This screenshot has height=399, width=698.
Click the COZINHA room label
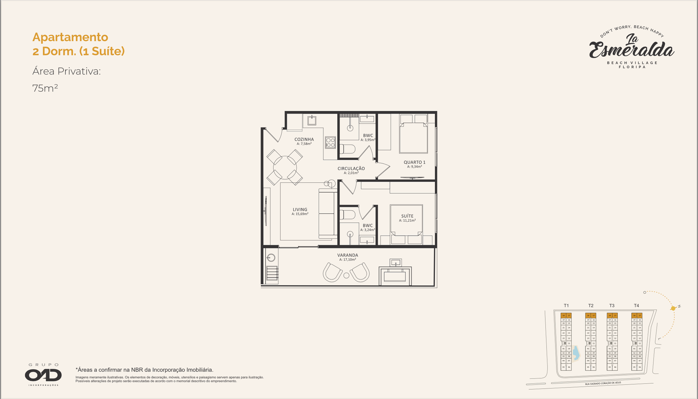click(304, 139)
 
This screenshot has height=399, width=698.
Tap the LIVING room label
click(300, 210)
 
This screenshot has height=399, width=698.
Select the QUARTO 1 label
click(414, 162)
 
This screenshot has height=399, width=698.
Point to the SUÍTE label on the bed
click(407, 216)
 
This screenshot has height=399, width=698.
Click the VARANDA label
click(348, 255)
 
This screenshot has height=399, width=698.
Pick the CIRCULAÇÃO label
click(351, 169)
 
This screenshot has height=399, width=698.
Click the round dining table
click(285, 167)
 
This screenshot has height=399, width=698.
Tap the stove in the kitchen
click(330, 142)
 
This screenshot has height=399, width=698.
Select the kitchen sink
click(312, 120)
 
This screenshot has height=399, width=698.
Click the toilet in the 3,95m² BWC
click(348, 150)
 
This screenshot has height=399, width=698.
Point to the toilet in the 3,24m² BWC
click(348, 215)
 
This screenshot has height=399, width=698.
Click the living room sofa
click(327, 213)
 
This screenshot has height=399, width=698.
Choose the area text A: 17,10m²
click(348, 260)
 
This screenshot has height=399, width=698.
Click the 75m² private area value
click(45, 88)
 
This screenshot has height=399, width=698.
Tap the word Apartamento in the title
click(70, 37)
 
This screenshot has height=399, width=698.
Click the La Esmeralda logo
click(632, 48)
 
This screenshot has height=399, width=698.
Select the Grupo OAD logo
click(43, 375)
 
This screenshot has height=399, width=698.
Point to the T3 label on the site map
click(612, 306)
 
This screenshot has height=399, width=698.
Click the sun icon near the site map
click(673, 308)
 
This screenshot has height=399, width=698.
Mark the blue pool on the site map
click(575, 353)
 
